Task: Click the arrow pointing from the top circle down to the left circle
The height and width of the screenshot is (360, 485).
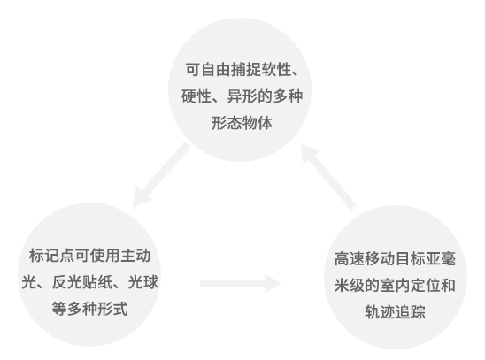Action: point(161,174)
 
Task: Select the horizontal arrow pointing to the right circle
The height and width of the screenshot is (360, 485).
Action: point(241,284)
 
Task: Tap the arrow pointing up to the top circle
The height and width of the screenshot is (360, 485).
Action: point(328,177)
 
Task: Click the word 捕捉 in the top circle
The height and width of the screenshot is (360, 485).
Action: point(246,70)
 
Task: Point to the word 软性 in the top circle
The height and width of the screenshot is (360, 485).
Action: point(276,70)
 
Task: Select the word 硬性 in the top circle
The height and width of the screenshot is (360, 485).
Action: point(196,96)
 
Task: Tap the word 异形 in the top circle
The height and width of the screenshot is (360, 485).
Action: point(242,96)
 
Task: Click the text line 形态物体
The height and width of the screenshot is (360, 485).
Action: point(242,123)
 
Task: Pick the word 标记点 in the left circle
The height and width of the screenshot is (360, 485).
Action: point(51,256)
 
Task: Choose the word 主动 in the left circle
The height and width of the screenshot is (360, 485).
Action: point(135,256)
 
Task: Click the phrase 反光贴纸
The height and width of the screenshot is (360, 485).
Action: point(82,282)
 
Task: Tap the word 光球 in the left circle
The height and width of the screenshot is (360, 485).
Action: point(143,282)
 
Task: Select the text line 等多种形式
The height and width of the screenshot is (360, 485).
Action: point(89,309)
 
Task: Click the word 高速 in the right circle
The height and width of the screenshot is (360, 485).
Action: point(350,258)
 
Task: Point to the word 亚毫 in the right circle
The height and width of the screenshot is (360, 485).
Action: point(441,258)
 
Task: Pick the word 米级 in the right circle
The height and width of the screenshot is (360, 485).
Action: point(350,285)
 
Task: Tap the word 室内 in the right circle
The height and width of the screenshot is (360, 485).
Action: point(395,285)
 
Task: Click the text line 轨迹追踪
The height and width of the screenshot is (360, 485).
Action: point(395,312)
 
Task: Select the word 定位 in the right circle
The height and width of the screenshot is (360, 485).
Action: point(426,285)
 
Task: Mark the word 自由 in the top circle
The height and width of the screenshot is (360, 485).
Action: point(216,70)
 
